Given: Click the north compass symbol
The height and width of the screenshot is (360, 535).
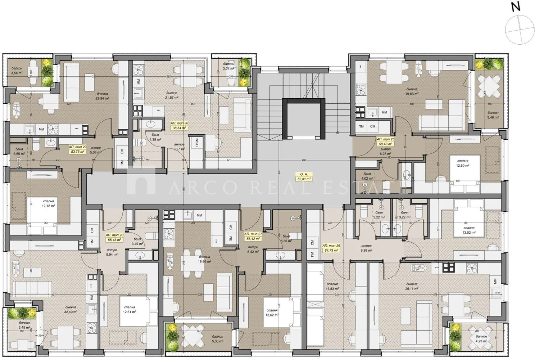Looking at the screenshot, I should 518,28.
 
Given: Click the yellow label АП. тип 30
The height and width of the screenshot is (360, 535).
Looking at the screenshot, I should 179,125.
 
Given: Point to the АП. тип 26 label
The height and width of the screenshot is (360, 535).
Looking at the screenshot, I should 331,248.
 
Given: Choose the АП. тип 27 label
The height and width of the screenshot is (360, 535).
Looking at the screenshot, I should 254,235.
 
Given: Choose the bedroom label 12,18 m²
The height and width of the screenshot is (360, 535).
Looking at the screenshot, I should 48,204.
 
